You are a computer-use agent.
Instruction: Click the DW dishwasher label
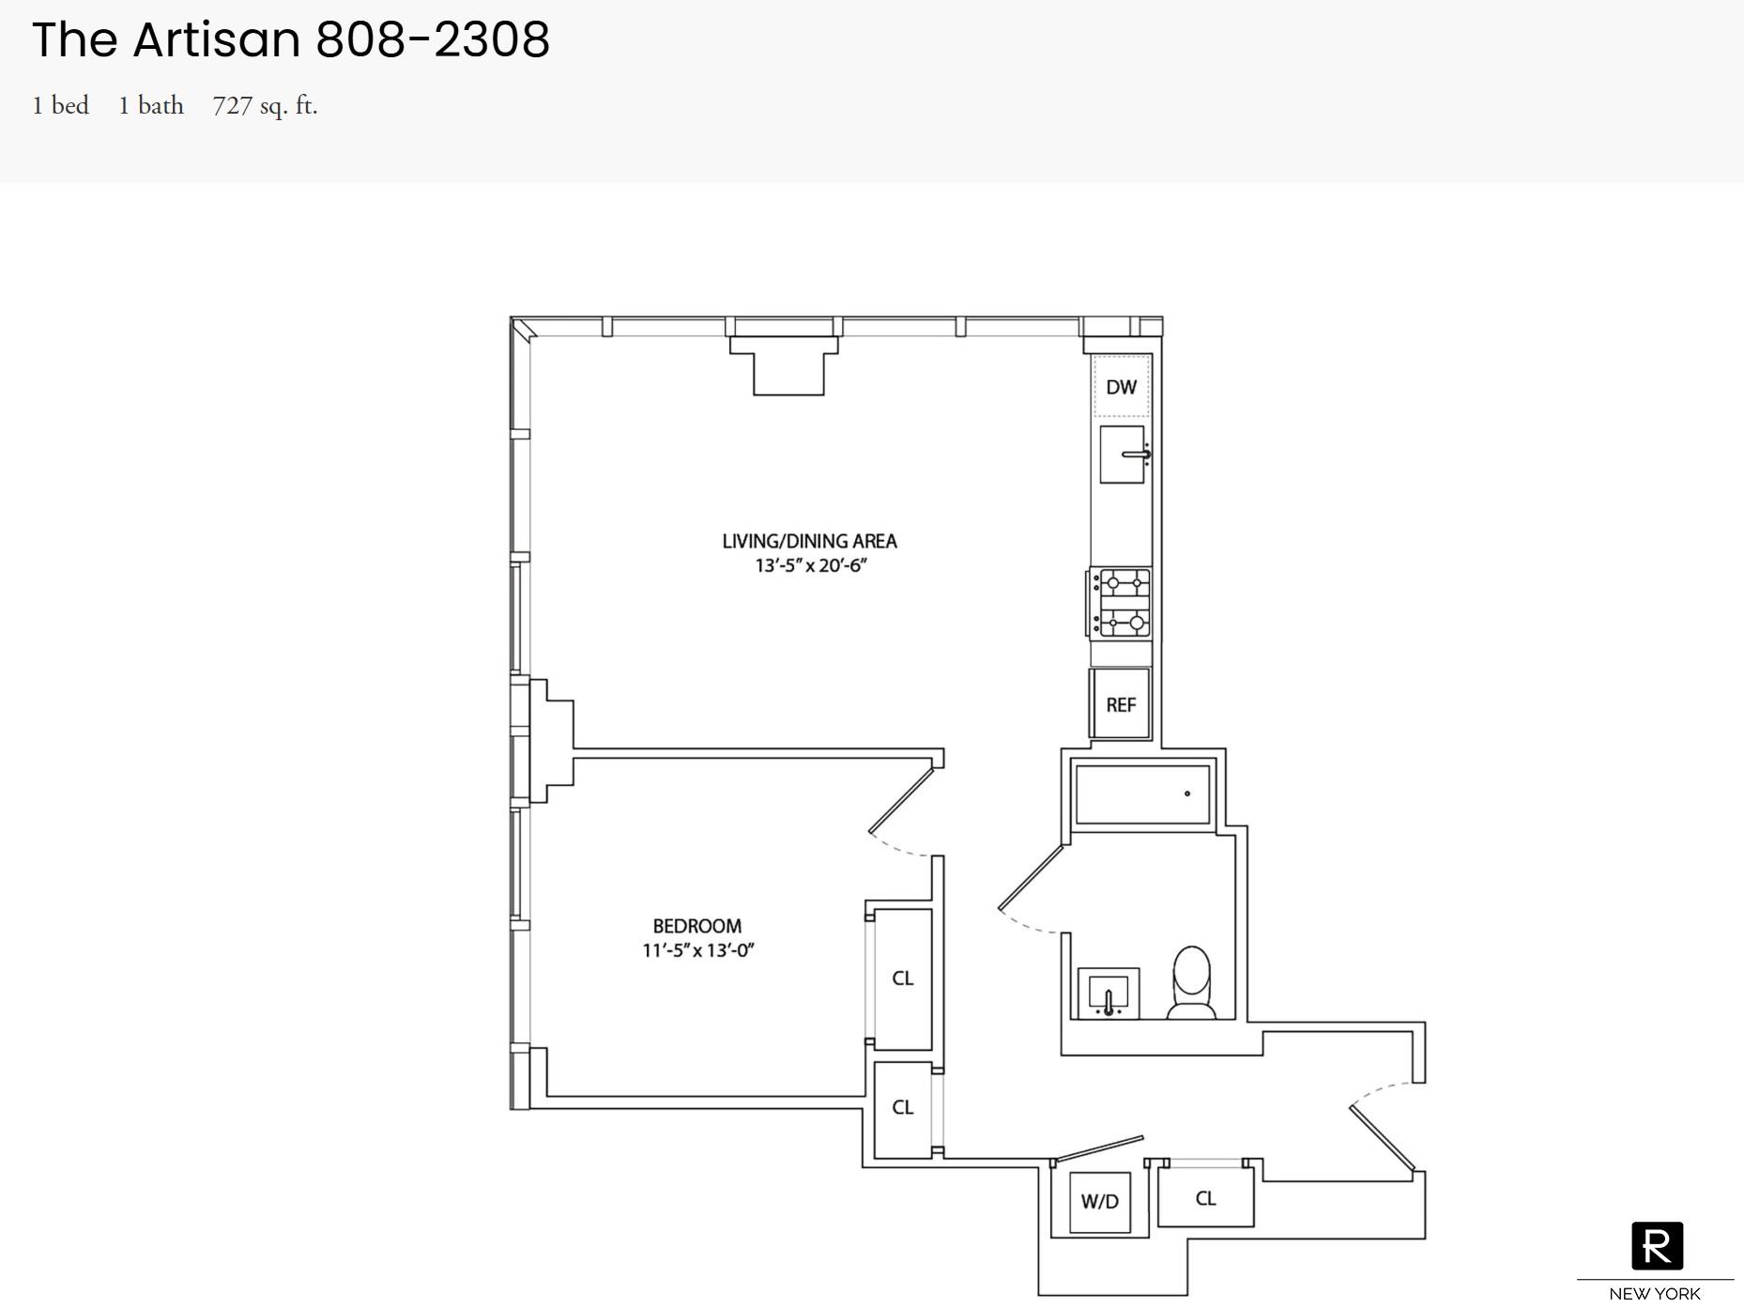(x=1121, y=387)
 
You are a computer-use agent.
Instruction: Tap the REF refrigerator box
(x=1120, y=704)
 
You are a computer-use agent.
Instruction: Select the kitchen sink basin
(x=1122, y=454)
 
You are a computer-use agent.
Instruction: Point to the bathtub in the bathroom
(x=1142, y=794)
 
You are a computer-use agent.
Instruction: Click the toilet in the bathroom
(x=1192, y=982)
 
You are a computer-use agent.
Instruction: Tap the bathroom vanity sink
(x=1109, y=993)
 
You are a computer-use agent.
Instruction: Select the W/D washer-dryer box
(x=1100, y=1202)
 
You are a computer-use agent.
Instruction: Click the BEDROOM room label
(x=697, y=926)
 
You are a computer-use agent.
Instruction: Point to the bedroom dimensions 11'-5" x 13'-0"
(x=697, y=950)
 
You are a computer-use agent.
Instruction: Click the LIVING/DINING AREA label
(x=809, y=541)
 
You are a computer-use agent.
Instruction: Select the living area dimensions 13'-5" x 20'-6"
(x=811, y=565)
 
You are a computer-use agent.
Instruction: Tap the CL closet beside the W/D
(x=1206, y=1198)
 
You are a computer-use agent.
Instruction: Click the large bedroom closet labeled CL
(x=903, y=978)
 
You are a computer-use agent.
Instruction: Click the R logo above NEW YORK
(x=1657, y=1246)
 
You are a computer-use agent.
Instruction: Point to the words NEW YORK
(x=1655, y=1294)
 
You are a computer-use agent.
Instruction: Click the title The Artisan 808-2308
(x=291, y=39)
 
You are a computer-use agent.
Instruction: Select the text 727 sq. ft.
(x=265, y=106)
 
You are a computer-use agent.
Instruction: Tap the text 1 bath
(x=151, y=105)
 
